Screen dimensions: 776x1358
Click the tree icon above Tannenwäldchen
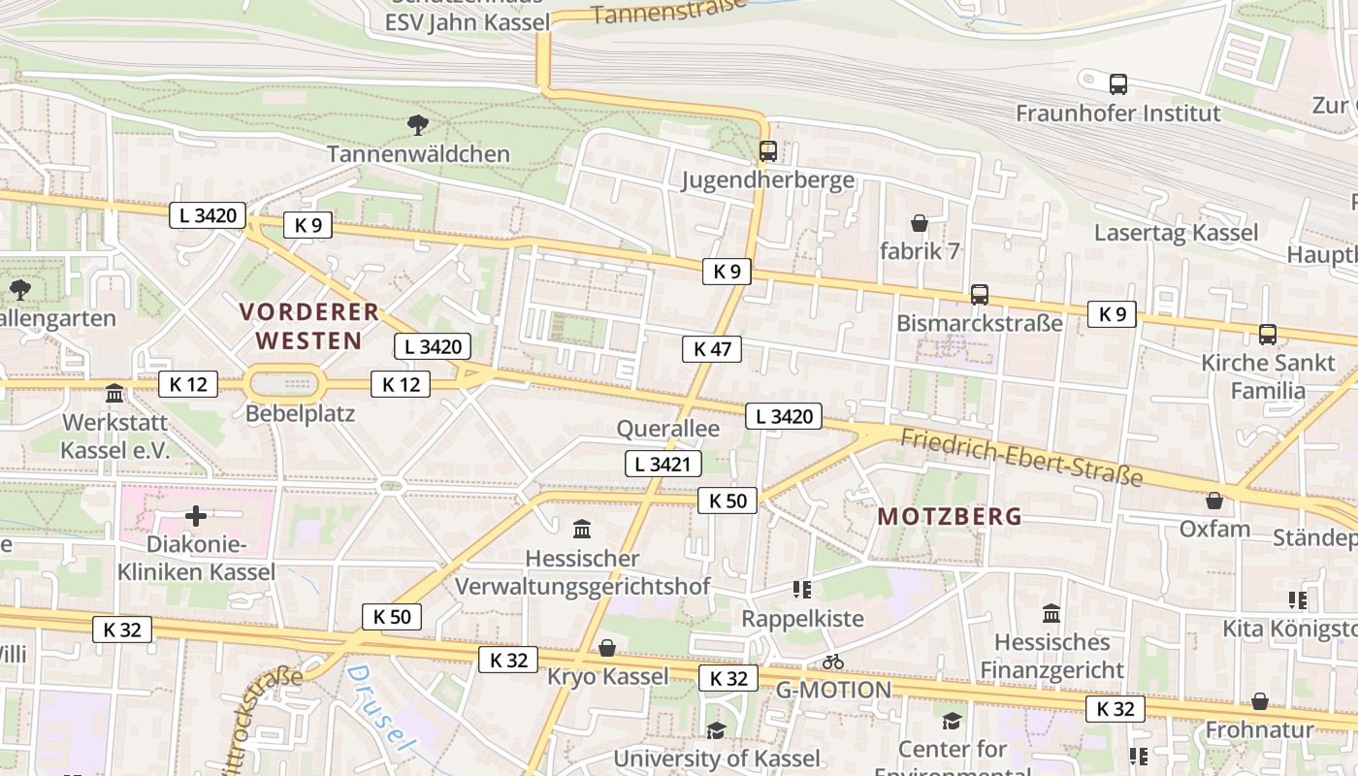click(418, 124)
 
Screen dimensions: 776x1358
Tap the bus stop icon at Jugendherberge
click(768, 151)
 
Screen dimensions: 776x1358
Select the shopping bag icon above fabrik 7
click(919, 223)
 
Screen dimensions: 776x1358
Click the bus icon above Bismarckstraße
click(980, 295)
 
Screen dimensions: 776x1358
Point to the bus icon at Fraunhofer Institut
click(1118, 84)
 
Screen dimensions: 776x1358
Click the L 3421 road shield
click(663, 464)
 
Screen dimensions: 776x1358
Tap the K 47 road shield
click(712, 349)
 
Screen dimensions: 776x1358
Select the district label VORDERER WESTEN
click(309, 326)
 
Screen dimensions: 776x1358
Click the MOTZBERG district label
click(950, 517)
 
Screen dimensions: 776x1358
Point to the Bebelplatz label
click(301, 414)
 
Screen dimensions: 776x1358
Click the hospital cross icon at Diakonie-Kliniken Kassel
click(196, 516)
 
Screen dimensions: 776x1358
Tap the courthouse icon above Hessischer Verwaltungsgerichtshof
click(582, 530)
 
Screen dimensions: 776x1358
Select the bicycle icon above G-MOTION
click(832, 663)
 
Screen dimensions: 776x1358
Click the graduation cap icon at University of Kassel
click(716, 730)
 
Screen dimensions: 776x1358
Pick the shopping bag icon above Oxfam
click(1213, 501)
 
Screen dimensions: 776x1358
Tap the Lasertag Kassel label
click(1176, 233)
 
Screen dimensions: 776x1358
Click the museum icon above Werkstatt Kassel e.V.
click(114, 394)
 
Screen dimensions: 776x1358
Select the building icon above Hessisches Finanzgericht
click(1051, 614)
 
